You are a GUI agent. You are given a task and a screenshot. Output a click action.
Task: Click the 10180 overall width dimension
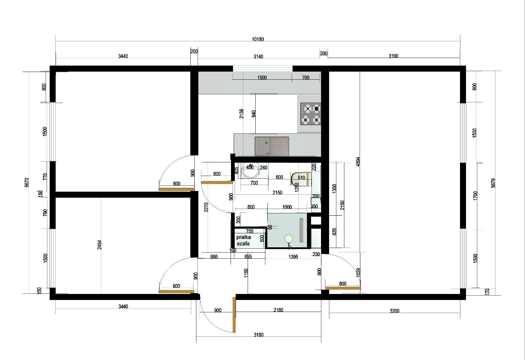pos(258,39)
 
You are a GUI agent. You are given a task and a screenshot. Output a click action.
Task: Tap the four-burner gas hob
pos(311,114)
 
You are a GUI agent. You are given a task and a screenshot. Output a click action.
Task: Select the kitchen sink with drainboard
pos(272,146)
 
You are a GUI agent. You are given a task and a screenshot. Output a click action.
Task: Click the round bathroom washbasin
pos(251,170)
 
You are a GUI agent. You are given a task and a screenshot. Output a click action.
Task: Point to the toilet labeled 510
pos(301,179)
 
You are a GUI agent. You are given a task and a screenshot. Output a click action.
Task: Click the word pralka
pos(244,237)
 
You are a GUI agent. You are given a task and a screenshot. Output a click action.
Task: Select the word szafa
pos(243,244)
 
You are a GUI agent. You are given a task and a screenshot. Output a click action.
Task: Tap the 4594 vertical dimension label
pos(358,162)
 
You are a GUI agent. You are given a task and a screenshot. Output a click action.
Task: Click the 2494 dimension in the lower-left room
pos(99,245)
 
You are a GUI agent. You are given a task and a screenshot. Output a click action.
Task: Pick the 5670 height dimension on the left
pos(27,183)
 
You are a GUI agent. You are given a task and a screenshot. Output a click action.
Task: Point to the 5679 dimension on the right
pos(493,183)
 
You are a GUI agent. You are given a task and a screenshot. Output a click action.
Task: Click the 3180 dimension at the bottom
pos(259,335)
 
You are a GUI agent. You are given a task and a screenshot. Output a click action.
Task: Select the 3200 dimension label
pos(394,311)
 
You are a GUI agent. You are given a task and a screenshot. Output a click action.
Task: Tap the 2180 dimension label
pos(278,310)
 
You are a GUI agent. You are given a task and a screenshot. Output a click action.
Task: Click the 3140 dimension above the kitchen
pos(258,56)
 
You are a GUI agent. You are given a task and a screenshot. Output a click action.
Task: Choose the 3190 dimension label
pos(394,56)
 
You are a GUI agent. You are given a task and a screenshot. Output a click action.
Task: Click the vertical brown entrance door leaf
pos(234,315)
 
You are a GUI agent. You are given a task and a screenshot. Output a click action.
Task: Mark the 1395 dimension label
pos(293,257)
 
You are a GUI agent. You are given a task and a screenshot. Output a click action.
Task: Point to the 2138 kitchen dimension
pos(241,114)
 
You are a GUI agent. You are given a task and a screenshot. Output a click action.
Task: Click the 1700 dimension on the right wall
pos(475,196)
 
